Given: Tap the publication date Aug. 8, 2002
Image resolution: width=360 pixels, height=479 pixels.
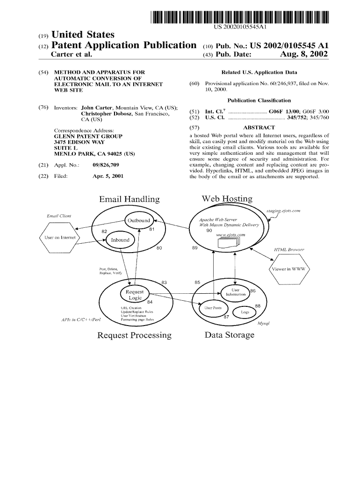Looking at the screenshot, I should (x=304, y=55).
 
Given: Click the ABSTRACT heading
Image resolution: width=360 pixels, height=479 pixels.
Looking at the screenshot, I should (x=259, y=127).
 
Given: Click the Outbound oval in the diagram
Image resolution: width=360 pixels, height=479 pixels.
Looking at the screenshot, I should (x=139, y=221).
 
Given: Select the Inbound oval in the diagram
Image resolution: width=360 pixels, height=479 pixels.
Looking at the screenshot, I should (x=120, y=240).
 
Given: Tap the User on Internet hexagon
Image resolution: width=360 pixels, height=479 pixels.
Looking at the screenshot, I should (x=60, y=238).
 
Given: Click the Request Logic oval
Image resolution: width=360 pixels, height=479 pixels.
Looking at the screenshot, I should (x=135, y=295).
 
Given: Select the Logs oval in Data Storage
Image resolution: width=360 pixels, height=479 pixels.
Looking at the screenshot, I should (x=245, y=312).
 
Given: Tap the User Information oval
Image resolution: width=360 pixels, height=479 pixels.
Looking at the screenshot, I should (x=236, y=292).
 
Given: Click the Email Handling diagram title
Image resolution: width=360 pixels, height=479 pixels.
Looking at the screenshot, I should (x=129, y=200).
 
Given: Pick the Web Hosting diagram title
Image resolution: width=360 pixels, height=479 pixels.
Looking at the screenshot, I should (x=227, y=199).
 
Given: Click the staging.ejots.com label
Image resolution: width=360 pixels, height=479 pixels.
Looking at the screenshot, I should (x=283, y=211).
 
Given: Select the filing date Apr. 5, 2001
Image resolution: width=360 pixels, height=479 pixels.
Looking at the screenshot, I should (x=108, y=176).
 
